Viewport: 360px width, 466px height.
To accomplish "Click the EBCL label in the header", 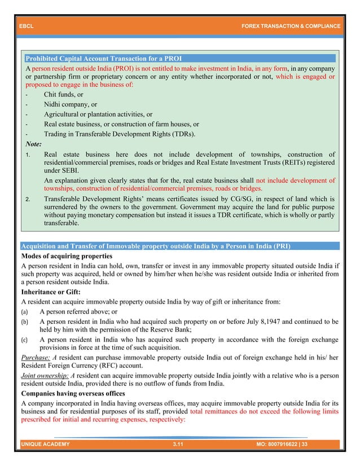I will pos(26,26).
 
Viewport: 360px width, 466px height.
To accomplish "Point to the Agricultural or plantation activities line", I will pos(98,114).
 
